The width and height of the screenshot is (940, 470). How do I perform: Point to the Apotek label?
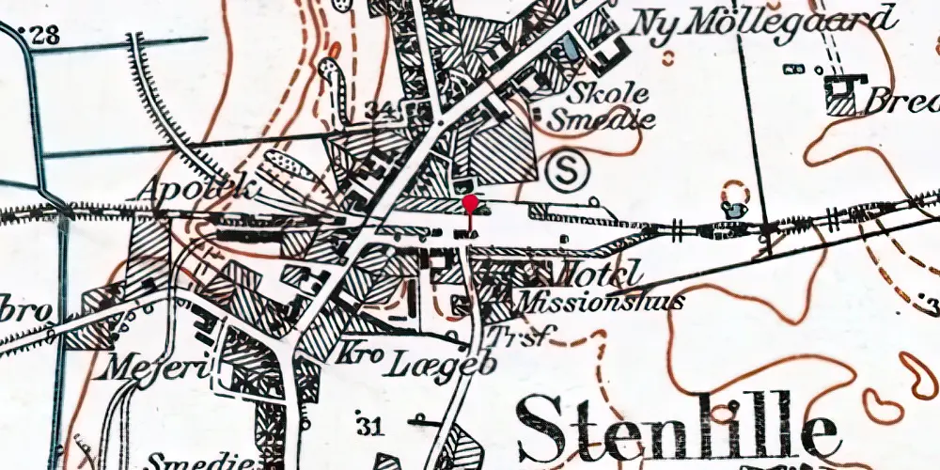coord(198,188)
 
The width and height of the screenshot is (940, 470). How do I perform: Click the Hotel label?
coord(601,274)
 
